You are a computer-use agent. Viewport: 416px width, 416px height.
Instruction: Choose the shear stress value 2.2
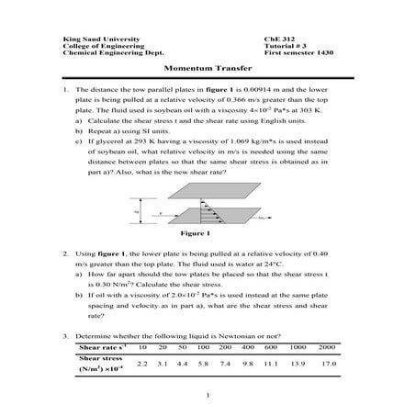[141, 365]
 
